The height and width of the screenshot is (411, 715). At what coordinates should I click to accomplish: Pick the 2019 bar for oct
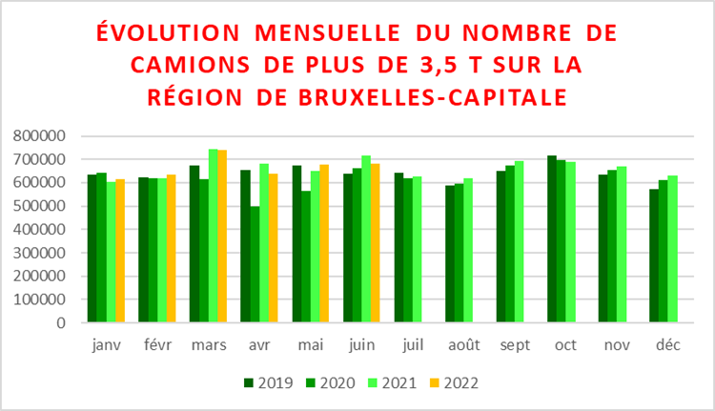click(x=552, y=239)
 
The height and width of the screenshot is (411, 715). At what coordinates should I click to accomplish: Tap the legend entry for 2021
click(x=392, y=383)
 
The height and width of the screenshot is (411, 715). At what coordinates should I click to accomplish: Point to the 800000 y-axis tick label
click(x=40, y=136)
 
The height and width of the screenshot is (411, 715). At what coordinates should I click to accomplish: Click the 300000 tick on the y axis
click(x=40, y=253)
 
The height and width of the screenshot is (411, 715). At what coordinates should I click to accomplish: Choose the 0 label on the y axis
click(x=59, y=322)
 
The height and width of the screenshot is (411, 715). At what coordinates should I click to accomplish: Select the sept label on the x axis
click(x=516, y=346)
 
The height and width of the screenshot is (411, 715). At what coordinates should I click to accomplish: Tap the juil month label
click(x=412, y=346)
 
